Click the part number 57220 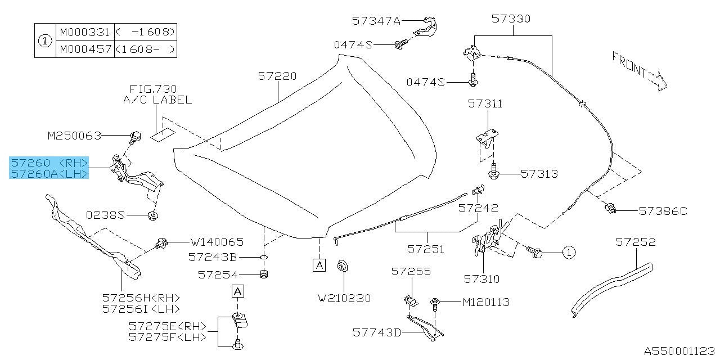[277, 75]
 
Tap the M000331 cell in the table [84, 32]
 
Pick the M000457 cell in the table [84, 49]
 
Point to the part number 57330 [510, 19]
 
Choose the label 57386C [663, 211]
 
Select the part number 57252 [636, 242]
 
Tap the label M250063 [74, 135]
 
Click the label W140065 [217, 242]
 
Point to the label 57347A [376, 21]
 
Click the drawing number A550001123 [679, 350]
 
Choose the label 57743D [377, 332]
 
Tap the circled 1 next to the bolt [568, 253]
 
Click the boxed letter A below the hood [319, 264]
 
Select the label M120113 [486, 303]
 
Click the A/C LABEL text [157, 100]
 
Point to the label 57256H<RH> [141, 298]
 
